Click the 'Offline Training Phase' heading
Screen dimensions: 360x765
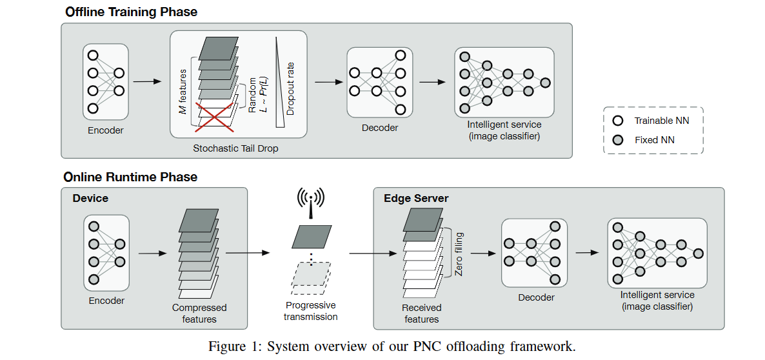pos(131,12)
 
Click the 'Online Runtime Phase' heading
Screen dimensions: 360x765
pos(130,177)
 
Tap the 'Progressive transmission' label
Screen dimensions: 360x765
pos(311,310)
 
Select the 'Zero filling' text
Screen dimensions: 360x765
pos(459,254)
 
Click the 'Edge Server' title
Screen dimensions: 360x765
pos(416,198)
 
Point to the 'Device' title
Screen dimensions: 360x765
pos(90,198)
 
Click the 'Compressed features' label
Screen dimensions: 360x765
pos(199,314)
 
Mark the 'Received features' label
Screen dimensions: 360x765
pos(421,314)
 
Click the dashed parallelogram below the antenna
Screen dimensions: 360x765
pos(311,274)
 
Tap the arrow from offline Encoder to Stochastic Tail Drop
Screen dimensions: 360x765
pos(147,82)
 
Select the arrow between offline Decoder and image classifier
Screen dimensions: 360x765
pos(432,82)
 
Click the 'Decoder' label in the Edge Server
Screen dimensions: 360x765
pos(536,297)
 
